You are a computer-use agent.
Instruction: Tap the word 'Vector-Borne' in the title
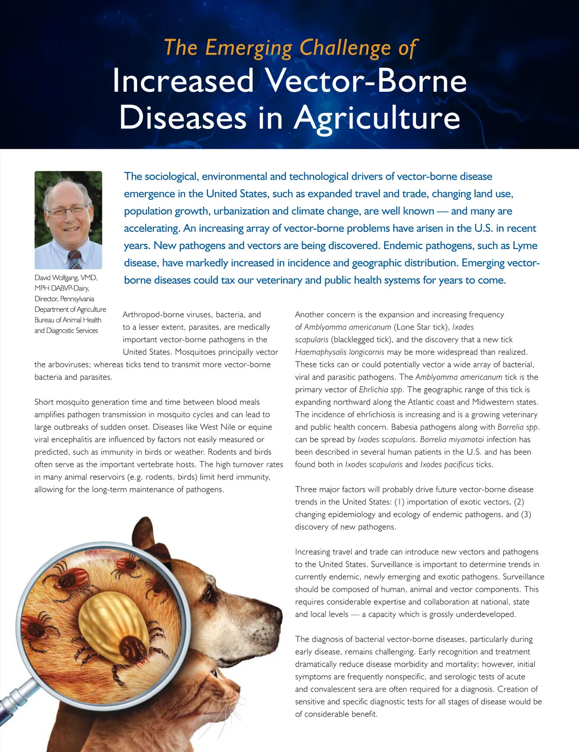[x=367, y=81]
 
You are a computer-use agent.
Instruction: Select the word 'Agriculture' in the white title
[x=377, y=118]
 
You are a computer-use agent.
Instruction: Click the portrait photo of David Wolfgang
[x=69, y=220]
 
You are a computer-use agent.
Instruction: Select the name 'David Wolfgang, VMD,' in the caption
[x=66, y=278]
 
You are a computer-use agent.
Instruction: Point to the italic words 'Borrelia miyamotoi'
[x=452, y=440]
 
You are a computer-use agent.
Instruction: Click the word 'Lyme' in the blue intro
[x=524, y=246]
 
